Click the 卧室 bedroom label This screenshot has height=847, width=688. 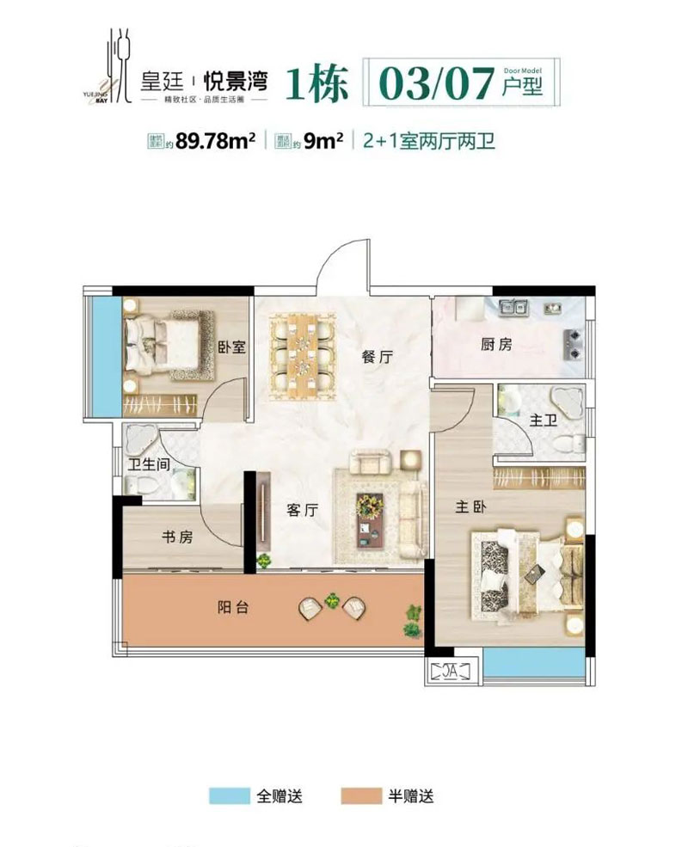click(231, 347)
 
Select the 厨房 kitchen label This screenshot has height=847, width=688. click(496, 346)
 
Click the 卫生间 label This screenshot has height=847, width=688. click(149, 465)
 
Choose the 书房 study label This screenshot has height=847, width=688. click(177, 537)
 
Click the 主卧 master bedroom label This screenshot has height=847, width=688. click(471, 507)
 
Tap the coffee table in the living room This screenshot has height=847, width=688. click(372, 519)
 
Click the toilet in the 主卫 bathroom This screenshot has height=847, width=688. click(568, 444)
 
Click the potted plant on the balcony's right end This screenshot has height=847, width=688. click(415, 617)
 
